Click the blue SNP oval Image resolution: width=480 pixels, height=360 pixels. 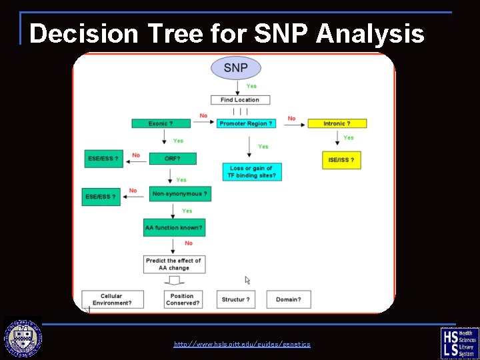[x=235, y=68]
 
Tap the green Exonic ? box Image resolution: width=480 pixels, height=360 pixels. [x=161, y=123]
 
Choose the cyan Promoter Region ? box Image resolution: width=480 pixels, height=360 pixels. [x=246, y=123]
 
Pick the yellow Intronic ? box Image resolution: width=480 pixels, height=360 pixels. [x=337, y=123]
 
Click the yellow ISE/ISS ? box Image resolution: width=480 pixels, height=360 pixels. [x=341, y=161]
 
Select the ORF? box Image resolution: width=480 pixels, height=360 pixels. [x=172, y=159]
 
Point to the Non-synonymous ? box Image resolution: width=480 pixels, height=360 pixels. [x=180, y=194]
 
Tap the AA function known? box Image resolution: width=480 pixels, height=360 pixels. [x=174, y=228]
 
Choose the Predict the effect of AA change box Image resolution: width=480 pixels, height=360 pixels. [x=174, y=264]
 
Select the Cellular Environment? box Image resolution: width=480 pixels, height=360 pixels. [x=112, y=299]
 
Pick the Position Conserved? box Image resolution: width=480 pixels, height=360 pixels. [x=182, y=299]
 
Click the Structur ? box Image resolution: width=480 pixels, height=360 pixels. [x=237, y=299]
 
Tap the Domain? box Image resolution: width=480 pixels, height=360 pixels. [x=289, y=299]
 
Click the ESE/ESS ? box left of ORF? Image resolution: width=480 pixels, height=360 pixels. [x=104, y=159]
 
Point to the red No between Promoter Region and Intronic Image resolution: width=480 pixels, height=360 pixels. [x=291, y=118]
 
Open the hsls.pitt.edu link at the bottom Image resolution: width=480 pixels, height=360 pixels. [x=242, y=344]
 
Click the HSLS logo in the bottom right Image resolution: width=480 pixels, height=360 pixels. [x=459, y=343]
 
